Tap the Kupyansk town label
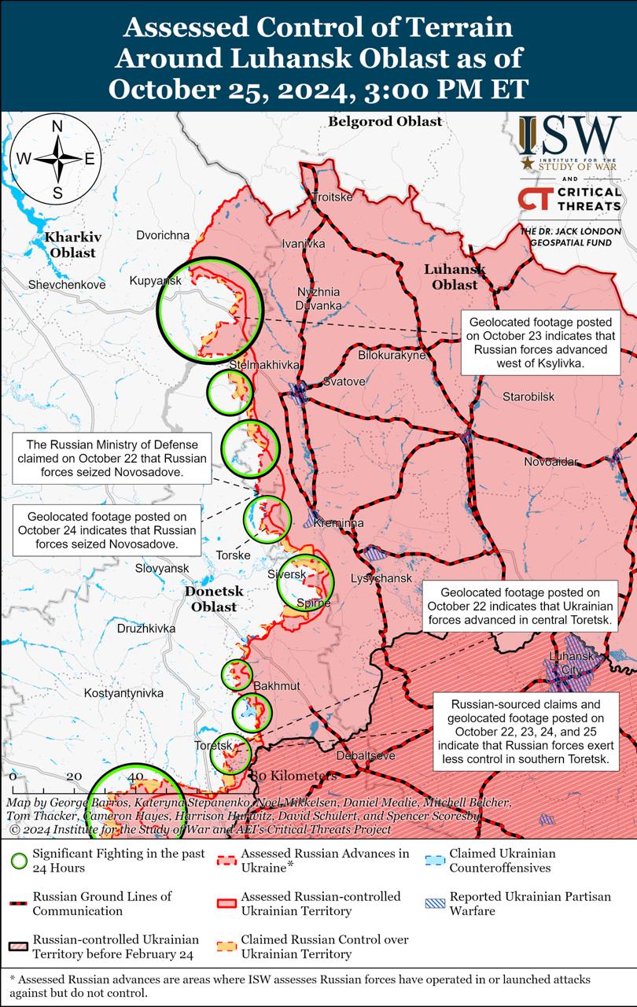click(x=156, y=281)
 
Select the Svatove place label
click(x=344, y=382)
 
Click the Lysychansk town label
click(x=381, y=578)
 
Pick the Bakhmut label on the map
click(x=276, y=686)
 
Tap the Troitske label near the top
click(x=333, y=197)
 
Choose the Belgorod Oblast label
click(x=385, y=121)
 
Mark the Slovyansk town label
click(x=162, y=568)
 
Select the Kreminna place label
click(x=338, y=523)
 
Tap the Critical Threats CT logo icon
click(x=534, y=199)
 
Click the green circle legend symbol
click(x=19, y=861)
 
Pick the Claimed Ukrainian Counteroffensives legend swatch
click(x=433, y=861)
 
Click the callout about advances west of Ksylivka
click(x=538, y=344)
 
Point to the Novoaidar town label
click(x=550, y=461)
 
